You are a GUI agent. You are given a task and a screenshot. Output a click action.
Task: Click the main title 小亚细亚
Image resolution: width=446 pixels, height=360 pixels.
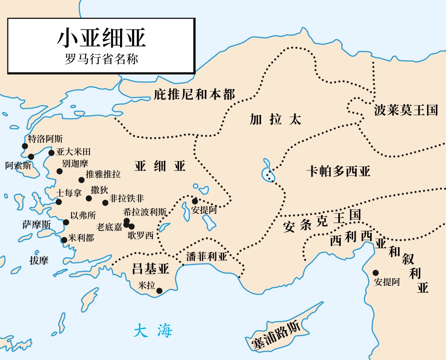click(101, 38)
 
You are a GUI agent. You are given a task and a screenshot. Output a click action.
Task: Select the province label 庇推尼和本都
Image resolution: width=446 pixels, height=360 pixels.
click(194, 94)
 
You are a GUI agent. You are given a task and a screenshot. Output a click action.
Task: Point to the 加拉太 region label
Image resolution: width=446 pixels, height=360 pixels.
click(275, 119)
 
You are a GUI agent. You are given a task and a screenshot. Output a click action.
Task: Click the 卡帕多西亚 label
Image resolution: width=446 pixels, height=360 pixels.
click(338, 171)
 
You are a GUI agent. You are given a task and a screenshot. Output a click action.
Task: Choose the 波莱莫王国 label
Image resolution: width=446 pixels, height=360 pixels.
click(406, 110)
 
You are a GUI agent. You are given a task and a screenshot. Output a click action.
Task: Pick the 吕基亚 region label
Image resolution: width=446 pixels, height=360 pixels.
click(151, 268)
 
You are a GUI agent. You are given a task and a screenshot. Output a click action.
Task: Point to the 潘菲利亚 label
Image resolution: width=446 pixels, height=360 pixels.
click(206, 257)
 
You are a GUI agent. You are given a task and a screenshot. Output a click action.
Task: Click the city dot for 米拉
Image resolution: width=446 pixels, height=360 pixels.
click(159, 291)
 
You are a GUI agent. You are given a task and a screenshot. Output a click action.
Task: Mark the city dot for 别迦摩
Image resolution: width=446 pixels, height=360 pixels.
click(59, 171)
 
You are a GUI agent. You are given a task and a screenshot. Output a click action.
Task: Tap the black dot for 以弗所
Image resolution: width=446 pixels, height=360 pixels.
click(66, 222)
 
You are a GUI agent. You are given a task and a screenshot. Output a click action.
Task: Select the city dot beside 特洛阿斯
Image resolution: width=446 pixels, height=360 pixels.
click(25, 146)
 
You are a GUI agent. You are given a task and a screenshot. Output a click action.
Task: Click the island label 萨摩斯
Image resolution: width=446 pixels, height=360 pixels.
click(36, 225)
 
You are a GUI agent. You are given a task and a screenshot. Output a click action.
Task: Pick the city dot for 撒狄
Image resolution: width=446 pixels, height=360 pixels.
click(89, 199)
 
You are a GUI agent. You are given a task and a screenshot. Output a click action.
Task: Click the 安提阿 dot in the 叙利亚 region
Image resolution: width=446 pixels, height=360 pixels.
click(376, 273)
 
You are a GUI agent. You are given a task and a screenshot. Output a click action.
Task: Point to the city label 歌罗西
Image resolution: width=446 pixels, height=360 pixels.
click(140, 235)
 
